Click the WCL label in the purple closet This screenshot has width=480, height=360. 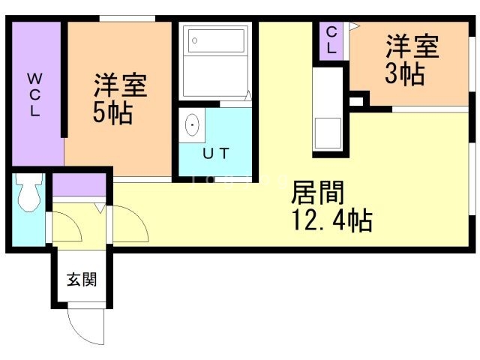click(x=35, y=93)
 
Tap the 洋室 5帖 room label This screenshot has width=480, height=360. click(x=119, y=98)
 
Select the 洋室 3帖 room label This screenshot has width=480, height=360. click(x=412, y=61)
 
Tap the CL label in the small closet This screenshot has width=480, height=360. click(x=331, y=39)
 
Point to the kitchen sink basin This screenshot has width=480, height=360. click(x=328, y=133)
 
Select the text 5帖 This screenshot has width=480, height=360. click(x=113, y=113)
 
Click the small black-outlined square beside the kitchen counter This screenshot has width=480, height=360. click(x=356, y=100)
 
